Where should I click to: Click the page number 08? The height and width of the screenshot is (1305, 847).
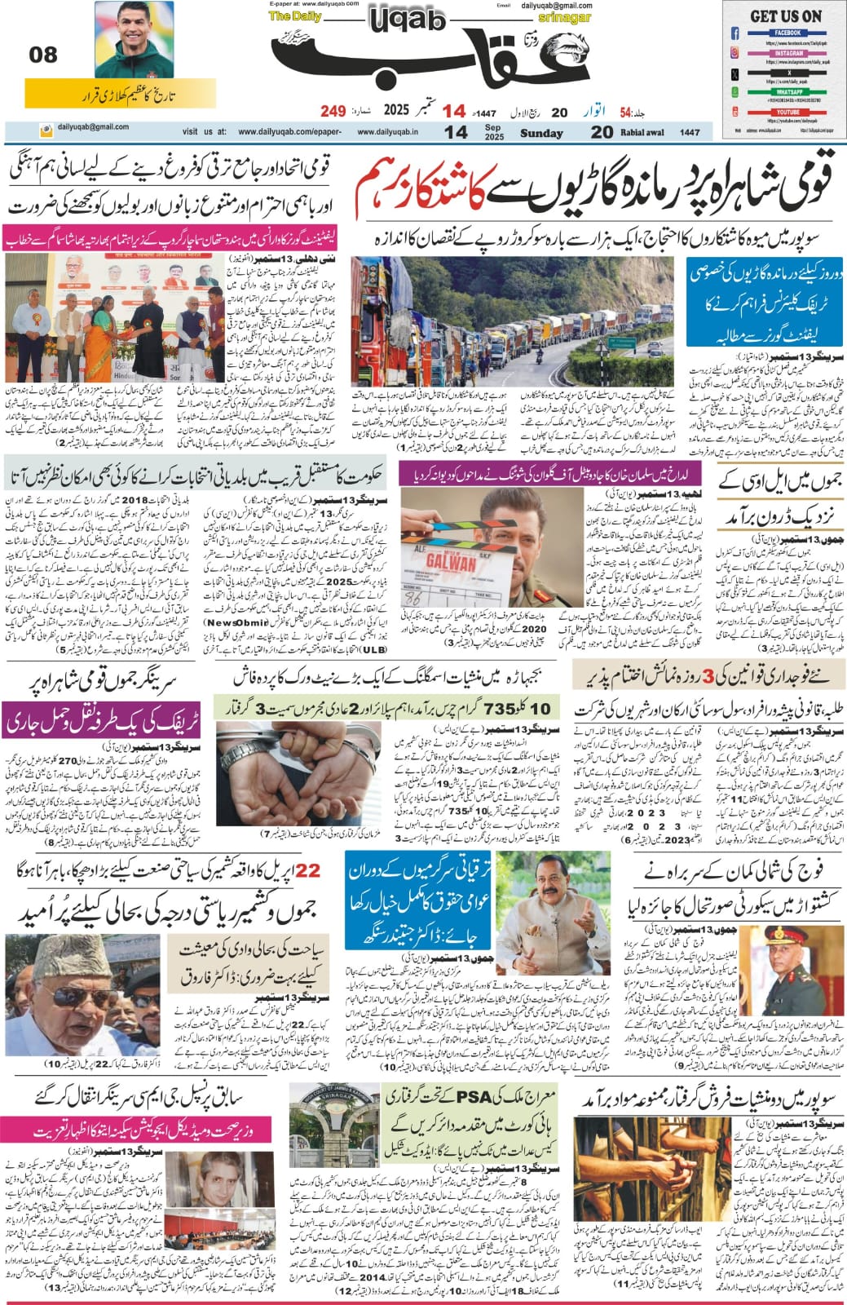(x=43, y=55)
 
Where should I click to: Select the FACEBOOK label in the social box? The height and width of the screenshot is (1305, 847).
(x=787, y=33)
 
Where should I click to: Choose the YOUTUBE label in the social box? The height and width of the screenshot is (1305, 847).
(x=787, y=112)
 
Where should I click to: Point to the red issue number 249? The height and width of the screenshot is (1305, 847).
(x=333, y=111)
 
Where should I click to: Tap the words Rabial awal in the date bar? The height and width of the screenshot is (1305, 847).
(x=643, y=133)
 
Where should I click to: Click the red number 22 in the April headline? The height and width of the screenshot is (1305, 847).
(x=308, y=871)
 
